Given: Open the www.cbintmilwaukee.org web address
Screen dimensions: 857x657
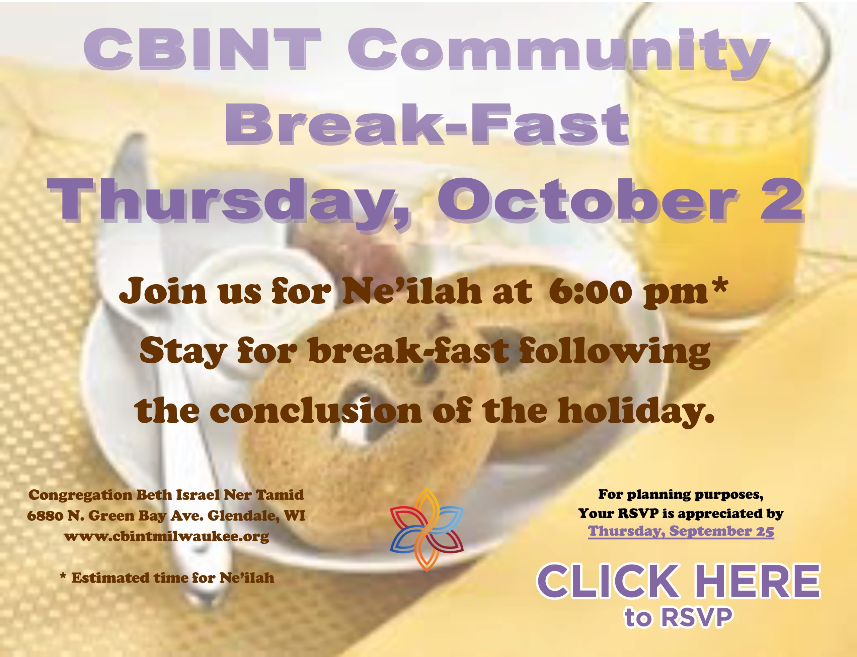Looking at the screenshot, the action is (166, 536).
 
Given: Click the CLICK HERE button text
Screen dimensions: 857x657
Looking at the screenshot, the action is (679, 580).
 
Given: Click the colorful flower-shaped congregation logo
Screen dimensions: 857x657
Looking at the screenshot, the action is (426, 530).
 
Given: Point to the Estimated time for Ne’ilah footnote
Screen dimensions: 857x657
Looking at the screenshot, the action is (167, 578).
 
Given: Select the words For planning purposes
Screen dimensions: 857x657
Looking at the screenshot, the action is (681, 495).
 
